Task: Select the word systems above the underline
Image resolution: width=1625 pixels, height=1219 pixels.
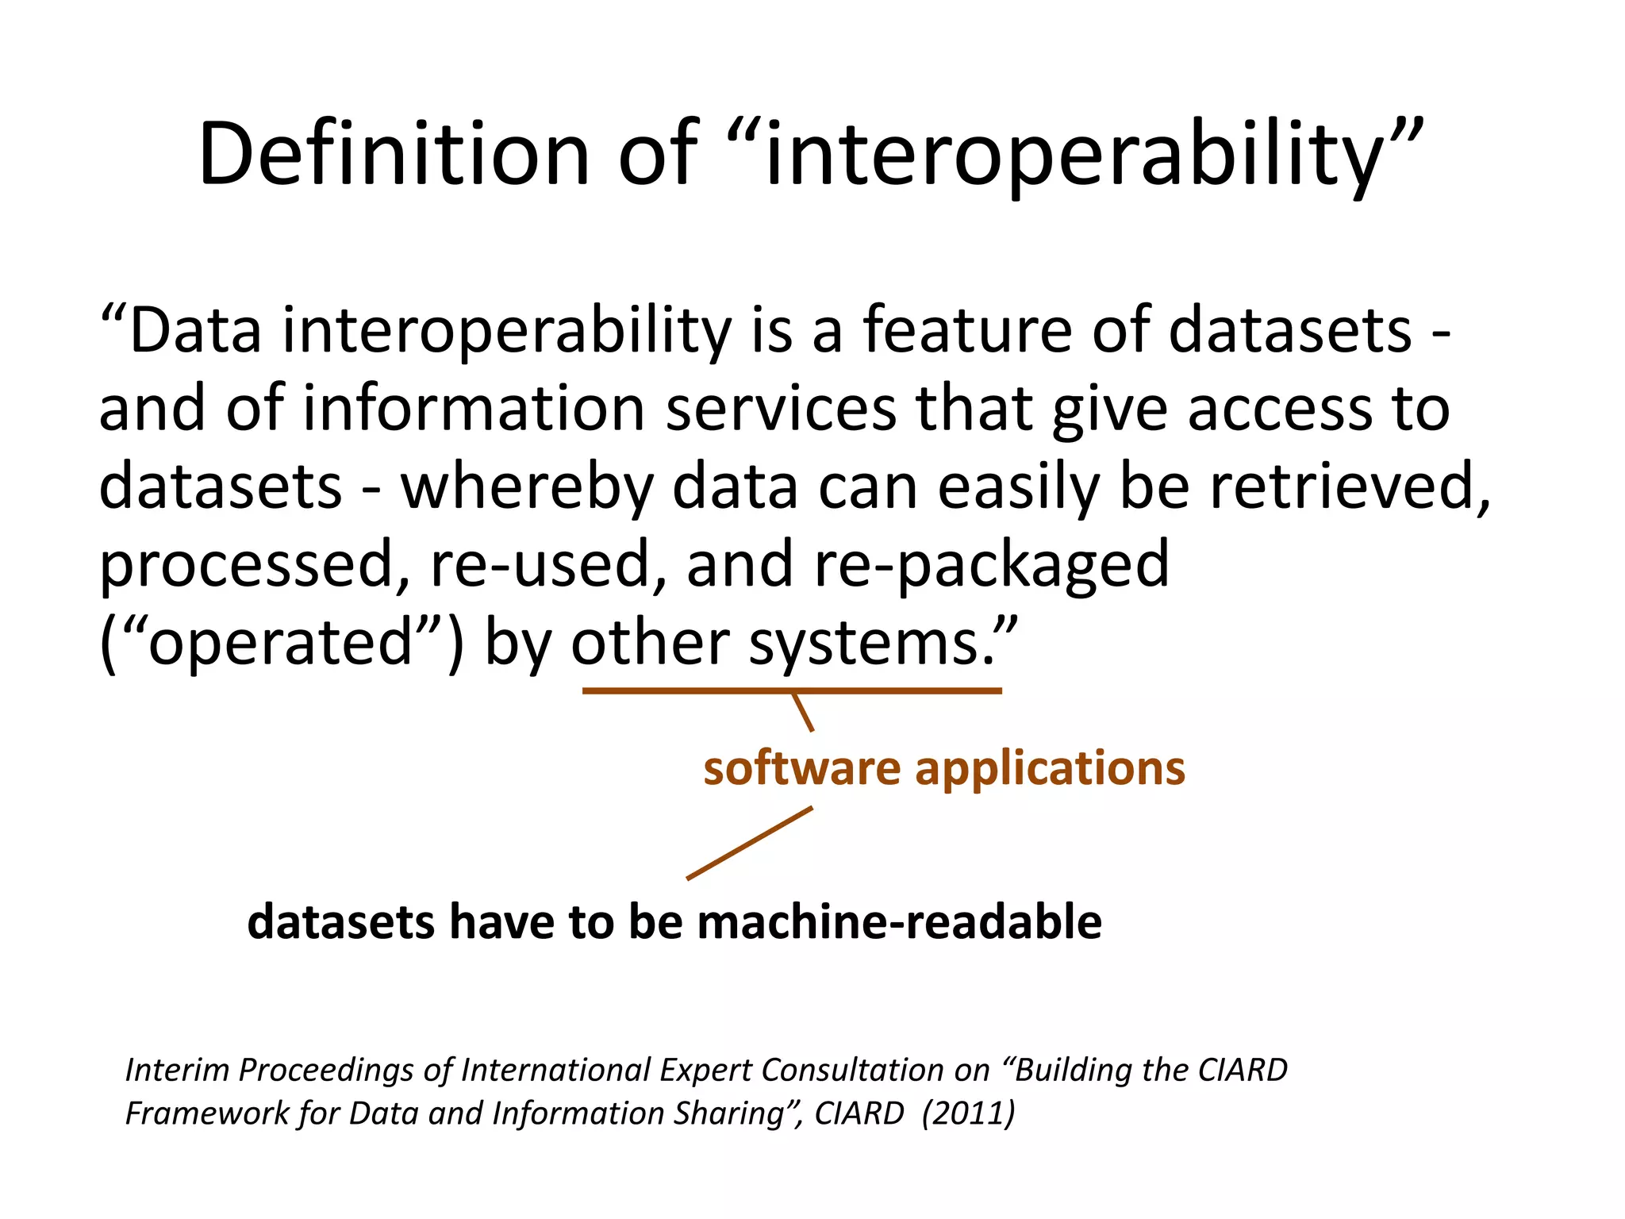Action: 870,642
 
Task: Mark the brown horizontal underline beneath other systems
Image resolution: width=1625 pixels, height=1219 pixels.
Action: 792,691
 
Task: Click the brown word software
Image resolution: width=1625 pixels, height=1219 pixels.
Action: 802,768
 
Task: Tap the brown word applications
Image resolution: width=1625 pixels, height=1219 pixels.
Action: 1051,768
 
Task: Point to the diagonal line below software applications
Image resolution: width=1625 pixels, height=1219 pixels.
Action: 749,843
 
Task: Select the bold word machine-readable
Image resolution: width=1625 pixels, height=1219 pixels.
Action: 899,922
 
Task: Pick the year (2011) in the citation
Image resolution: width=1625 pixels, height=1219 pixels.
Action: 968,1113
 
